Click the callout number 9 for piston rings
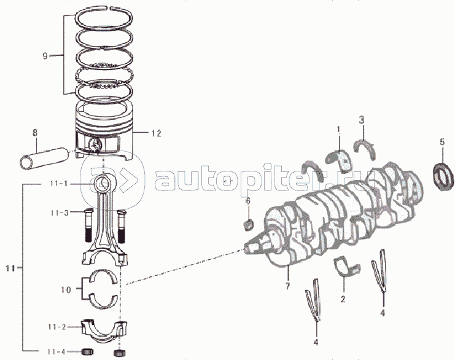pos(45,56)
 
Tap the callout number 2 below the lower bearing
pos(343,300)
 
